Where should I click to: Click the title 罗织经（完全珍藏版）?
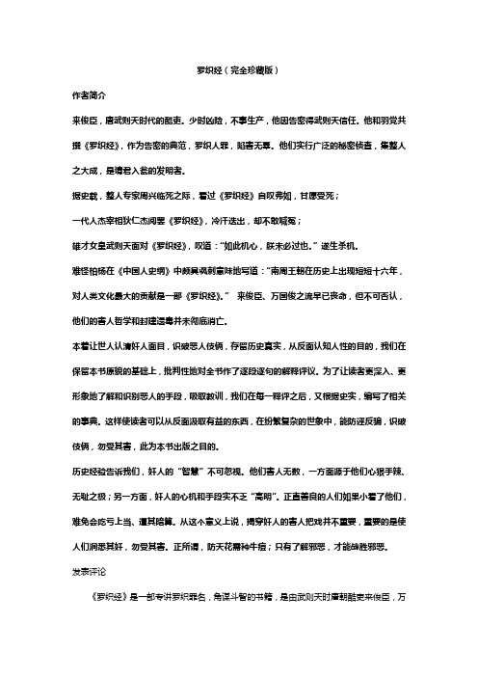tap(238, 70)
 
